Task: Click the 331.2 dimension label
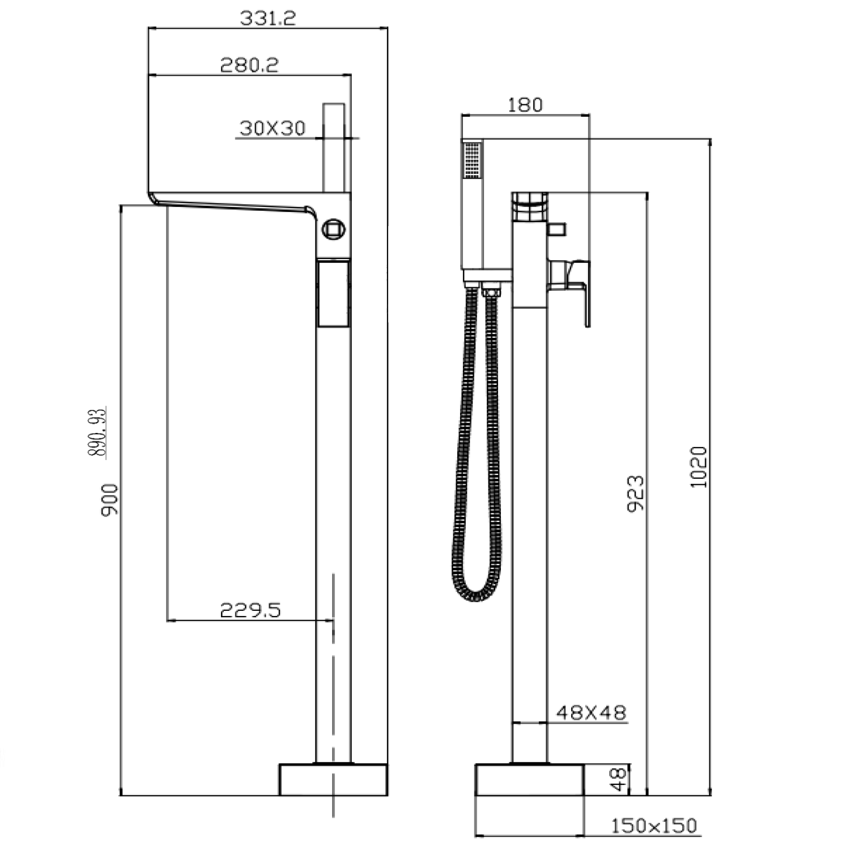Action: point(267,18)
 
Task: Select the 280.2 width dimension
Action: point(249,65)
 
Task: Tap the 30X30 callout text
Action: point(273,128)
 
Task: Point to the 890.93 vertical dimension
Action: point(96,433)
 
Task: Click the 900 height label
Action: point(109,500)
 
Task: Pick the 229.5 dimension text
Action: point(250,610)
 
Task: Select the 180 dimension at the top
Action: point(525,105)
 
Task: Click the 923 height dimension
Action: point(636,494)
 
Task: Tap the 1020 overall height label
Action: point(699,467)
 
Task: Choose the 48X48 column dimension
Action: point(591,712)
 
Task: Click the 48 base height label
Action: point(620,779)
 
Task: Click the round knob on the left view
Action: point(333,229)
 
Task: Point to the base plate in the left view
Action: point(333,780)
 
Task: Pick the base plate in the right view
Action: point(529,780)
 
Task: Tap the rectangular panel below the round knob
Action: point(333,293)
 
